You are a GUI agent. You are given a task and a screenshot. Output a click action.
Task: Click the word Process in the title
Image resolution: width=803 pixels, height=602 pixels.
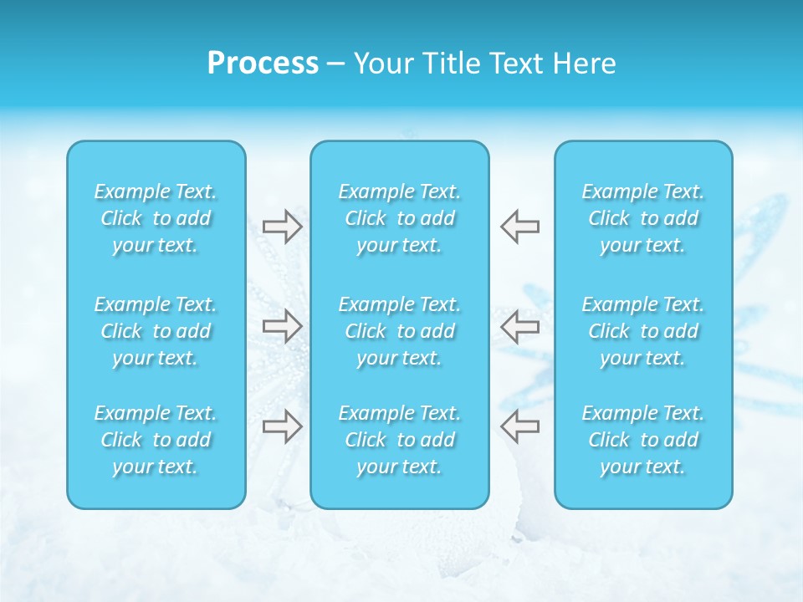(x=263, y=64)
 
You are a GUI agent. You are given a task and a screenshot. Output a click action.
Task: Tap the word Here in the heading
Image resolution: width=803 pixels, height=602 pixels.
(x=586, y=64)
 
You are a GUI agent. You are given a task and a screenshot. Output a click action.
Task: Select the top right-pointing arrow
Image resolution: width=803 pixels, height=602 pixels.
(x=283, y=227)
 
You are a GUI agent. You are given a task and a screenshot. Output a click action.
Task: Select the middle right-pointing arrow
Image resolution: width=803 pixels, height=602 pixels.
(x=283, y=326)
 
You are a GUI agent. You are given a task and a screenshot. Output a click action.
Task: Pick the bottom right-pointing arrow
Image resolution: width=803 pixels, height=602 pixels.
(x=283, y=426)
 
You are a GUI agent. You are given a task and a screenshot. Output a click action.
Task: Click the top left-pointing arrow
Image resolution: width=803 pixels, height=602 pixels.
(x=519, y=227)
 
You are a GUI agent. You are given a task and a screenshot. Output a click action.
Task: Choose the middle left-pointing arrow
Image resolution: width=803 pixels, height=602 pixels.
(x=519, y=326)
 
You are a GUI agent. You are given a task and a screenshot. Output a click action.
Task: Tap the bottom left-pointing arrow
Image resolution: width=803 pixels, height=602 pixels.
(x=519, y=426)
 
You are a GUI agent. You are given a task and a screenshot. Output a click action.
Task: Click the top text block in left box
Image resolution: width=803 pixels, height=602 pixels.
(x=156, y=218)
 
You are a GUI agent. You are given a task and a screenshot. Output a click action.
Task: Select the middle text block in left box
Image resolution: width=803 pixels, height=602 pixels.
(x=156, y=331)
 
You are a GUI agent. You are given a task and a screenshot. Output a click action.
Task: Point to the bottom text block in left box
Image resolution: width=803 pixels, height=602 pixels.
(x=156, y=440)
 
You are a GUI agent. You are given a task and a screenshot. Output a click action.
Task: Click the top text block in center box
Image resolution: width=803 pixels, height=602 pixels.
(x=400, y=218)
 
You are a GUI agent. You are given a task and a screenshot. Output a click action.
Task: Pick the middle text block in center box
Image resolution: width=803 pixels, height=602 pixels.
(x=400, y=331)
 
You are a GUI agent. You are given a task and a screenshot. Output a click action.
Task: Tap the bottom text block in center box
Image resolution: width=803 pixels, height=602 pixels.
(x=400, y=440)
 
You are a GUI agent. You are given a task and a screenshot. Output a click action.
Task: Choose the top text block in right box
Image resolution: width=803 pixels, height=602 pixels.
(x=643, y=218)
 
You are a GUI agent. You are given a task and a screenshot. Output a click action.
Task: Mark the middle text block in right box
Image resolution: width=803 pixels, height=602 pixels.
(x=643, y=331)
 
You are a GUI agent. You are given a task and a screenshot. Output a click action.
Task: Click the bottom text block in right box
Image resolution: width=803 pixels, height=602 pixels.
(x=643, y=440)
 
